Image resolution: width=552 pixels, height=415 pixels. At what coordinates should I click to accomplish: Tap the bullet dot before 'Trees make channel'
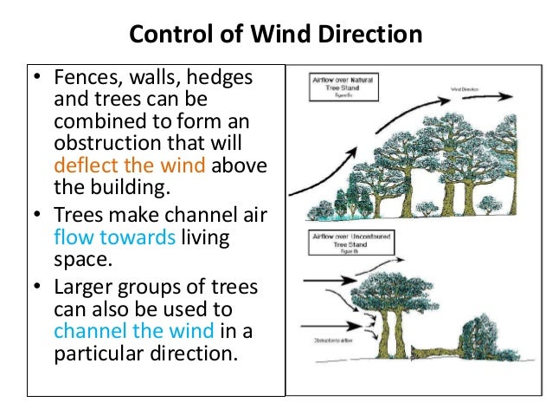tap(38, 215)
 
